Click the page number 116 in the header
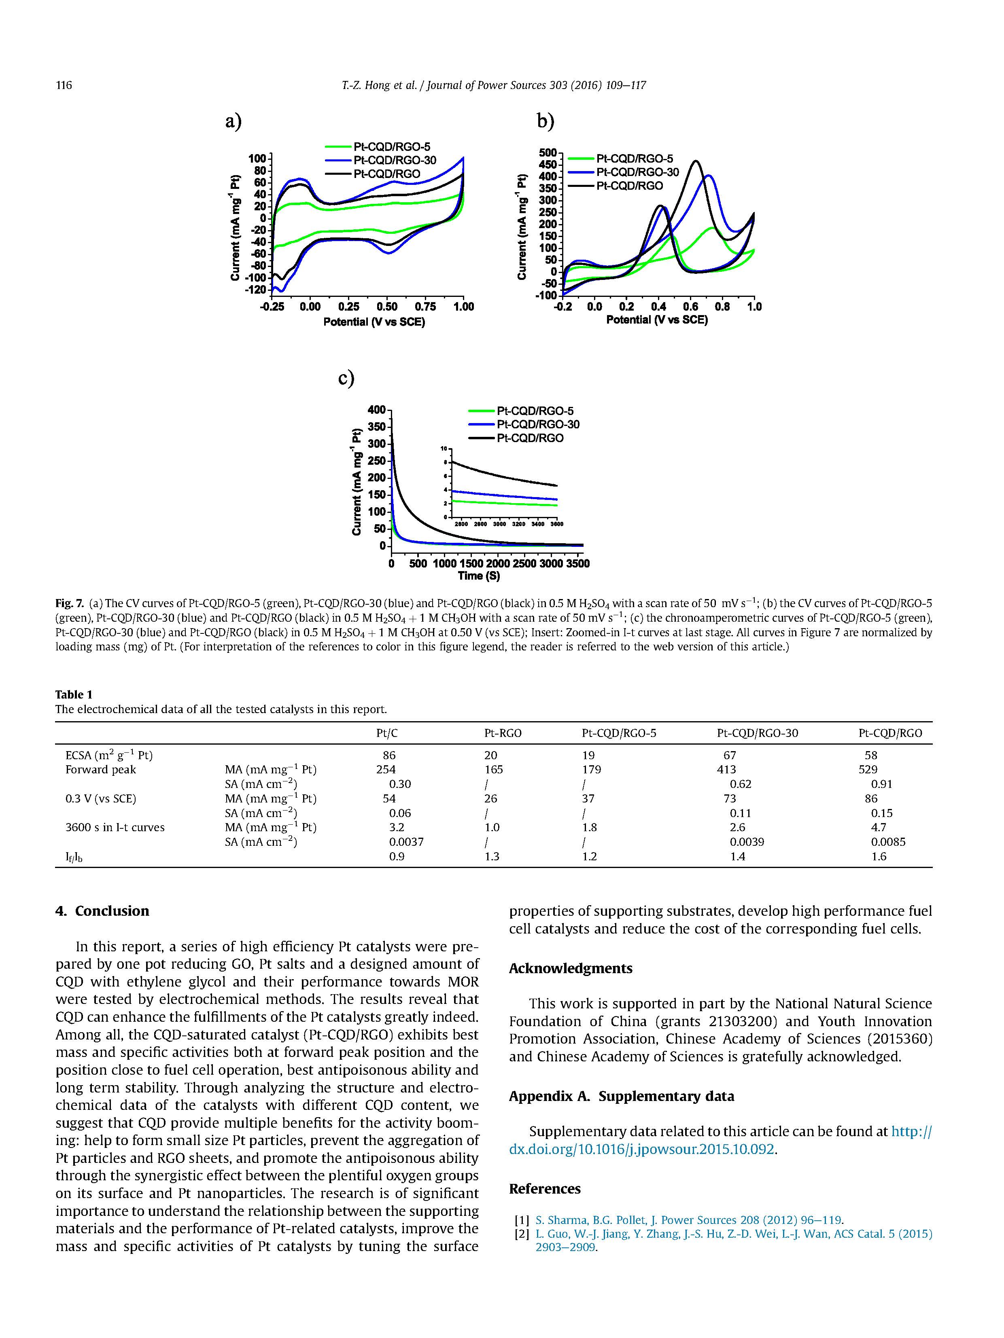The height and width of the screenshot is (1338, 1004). tap(64, 85)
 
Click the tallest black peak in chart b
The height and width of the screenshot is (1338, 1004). tap(696, 161)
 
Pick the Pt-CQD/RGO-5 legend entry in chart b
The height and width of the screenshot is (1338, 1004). tap(634, 159)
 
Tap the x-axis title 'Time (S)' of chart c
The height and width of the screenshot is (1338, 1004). tap(479, 576)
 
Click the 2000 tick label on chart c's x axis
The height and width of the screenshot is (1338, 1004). tap(497, 564)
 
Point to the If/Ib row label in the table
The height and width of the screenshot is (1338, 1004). tap(74, 857)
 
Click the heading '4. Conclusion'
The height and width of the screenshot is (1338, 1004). tap(102, 911)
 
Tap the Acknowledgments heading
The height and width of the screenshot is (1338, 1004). tap(570, 968)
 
